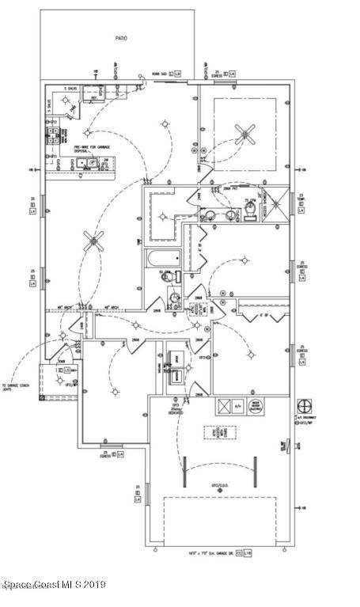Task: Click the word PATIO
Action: pos(120,37)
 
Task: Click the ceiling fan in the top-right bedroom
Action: pos(245,135)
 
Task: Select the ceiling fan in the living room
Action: pos(97,241)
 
